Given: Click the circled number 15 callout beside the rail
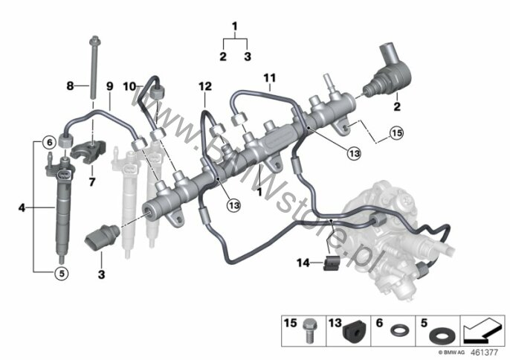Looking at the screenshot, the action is (x=396, y=133).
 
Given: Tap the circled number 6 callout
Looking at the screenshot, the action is (x=49, y=142).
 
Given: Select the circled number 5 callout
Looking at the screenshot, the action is (x=62, y=273).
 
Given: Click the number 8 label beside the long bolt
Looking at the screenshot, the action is (x=70, y=86).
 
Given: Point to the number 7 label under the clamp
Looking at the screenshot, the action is (x=92, y=181).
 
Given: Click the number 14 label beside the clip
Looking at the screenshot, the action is (x=303, y=263).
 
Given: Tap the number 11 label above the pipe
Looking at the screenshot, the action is (x=270, y=78).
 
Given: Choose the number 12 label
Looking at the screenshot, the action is (x=205, y=86).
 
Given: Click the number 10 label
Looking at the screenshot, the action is (x=129, y=86).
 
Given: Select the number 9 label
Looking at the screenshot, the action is (x=109, y=86).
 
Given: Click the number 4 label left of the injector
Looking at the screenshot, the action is (x=22, y=208).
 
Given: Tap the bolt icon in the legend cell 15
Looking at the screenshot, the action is (x=309, y=330).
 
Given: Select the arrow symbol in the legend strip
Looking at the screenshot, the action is (x=482, y=330).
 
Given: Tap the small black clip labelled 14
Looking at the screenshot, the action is (x=331, y=263).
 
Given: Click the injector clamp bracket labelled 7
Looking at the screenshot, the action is (x=88, y=150).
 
